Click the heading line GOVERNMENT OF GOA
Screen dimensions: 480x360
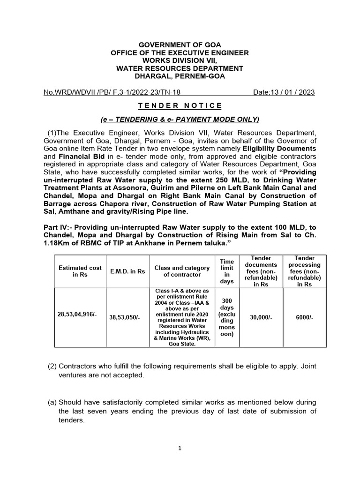click(x=180, y=45)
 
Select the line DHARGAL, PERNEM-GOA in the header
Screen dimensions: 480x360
click(x=180, y=76)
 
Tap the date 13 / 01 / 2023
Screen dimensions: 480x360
click(x=284, y=92)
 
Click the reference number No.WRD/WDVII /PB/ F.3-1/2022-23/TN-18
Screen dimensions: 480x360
click(x=117, y=92)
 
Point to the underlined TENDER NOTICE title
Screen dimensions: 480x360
click(x=180, y=106)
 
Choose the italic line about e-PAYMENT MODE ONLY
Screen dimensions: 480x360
click(x=180, y=119)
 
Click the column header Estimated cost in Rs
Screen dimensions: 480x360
click(x=80, y=271)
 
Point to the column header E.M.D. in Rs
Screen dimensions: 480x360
click(x=127, y=271)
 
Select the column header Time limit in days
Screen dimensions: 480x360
click(x=227, y=271)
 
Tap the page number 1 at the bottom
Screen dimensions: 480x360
click(x=180, y=448)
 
